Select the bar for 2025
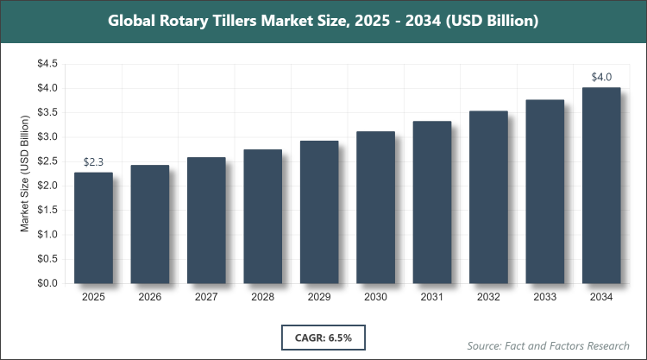tap(93, 228)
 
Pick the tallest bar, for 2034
tap(601, 185)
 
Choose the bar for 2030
tap(375, 207)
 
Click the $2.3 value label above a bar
tap(93, 161)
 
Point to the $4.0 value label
tap(601, 77)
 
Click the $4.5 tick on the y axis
tap(46, 64)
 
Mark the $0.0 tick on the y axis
tap(46, 283)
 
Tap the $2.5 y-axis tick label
tap(46, 161)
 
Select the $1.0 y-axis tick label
tap(46, 234)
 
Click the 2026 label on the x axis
tap(150, 297)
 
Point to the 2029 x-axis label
tap(319, 297)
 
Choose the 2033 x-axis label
tap(545, 297)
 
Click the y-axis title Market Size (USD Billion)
tap(26, 174)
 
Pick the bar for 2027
tap(206, 220)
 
